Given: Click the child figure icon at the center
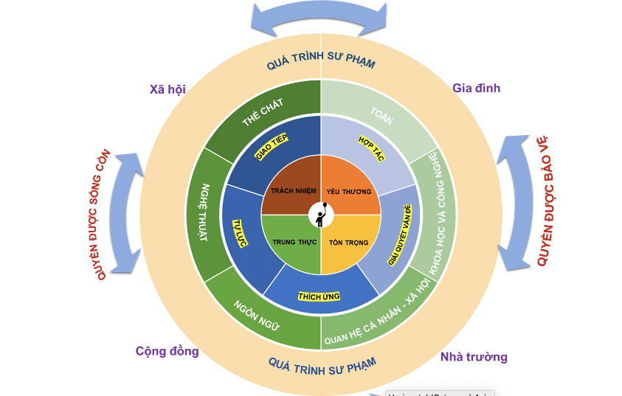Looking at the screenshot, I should coord(321,215).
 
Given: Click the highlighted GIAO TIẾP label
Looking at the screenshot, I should coord(271,147).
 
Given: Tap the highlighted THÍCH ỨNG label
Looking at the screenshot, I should coord(319,296).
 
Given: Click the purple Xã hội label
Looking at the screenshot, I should coord(167,89).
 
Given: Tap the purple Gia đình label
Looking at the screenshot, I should coord(476,88).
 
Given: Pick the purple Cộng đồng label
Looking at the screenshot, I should coord(167,351).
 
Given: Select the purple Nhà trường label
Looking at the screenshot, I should coord(474,357).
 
